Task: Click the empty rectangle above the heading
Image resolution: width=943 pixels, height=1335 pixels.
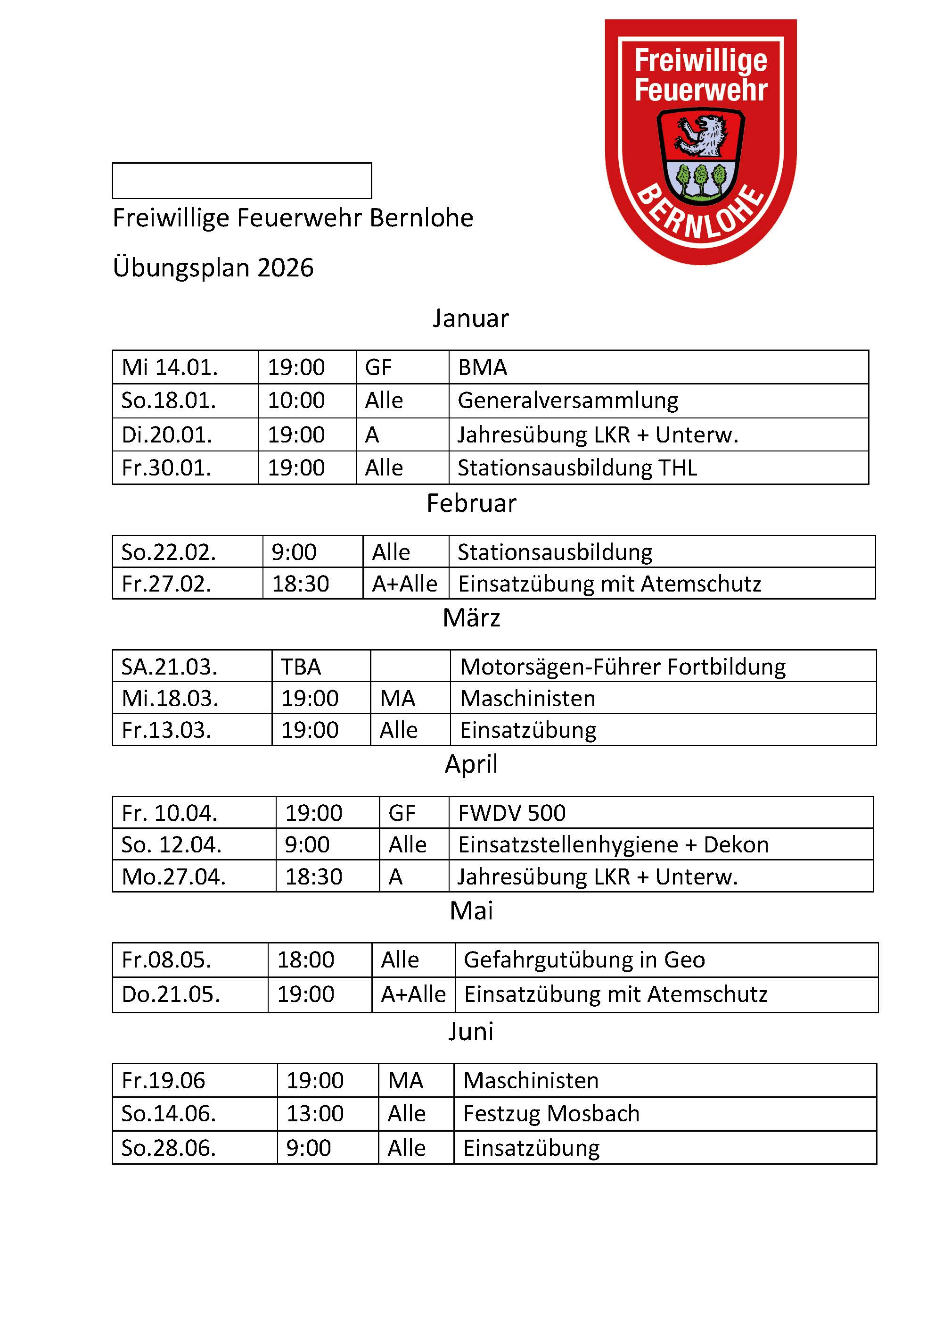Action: [x=242, y=181]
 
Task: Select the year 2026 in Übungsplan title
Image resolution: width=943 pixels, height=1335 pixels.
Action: [x=285, y=268]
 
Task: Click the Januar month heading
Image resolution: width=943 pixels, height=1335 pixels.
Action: [x=471, y=318]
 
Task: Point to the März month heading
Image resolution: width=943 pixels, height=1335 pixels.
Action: [x=471, y=617]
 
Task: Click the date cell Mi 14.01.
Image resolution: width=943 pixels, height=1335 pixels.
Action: [x=170, y=367]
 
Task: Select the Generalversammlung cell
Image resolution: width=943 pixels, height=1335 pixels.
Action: [x=568, y=400]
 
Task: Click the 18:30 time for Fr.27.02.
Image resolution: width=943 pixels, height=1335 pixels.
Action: [x=300, y=584]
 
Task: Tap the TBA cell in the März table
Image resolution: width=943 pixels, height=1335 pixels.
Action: [x=301, y=667]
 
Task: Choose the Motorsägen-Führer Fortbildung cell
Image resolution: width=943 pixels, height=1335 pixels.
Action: [x=622, y=667]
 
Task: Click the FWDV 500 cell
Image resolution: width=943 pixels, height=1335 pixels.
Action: [x=511, y=813]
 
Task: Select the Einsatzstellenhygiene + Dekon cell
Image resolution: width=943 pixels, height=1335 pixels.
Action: [x=613, y=845]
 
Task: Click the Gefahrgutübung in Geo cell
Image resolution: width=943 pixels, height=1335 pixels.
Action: [x=584, y=960]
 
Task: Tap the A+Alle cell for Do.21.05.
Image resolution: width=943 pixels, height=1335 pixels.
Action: [x=413, y=994]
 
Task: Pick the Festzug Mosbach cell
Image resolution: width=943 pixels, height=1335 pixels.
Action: [x=551, y=1113]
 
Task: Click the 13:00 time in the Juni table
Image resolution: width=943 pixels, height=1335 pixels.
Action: [x=315, y=1113]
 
